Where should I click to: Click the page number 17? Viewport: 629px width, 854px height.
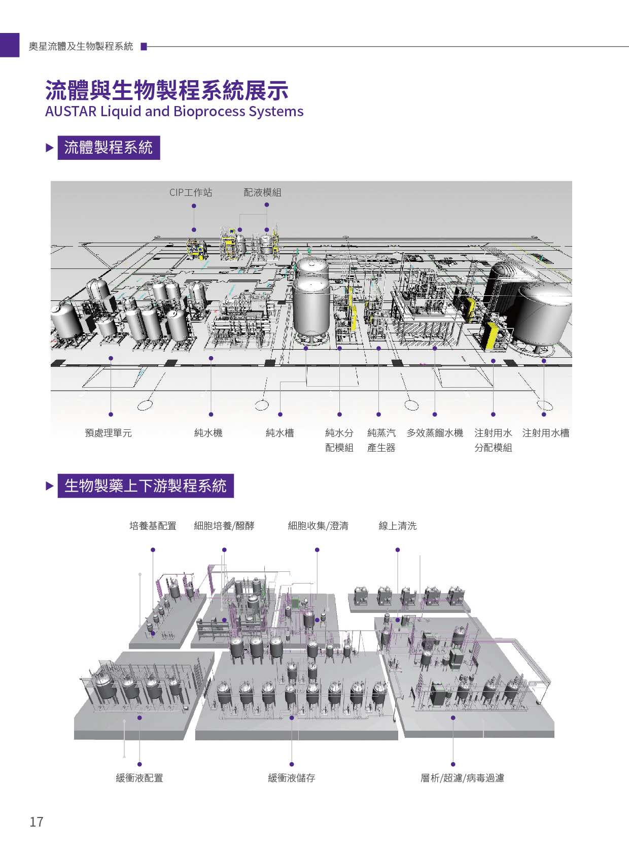coord(37,822)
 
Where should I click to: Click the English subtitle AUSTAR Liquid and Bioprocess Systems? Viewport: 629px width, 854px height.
coord(174,111)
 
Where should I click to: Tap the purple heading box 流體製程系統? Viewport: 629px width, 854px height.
coord(109,148)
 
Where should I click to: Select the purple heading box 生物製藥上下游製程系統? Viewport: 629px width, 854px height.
coord(146,486)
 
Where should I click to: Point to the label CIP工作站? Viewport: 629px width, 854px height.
coord(191,192)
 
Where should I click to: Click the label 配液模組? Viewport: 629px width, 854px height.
coord(262,192)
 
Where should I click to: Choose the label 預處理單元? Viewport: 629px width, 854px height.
coord(108,433)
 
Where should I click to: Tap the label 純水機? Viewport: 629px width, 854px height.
coord(208,433)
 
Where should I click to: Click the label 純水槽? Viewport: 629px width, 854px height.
coord(280,433)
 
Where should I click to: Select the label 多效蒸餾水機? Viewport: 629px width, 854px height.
coord(435,433)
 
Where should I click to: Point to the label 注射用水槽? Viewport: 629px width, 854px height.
coord(546,433)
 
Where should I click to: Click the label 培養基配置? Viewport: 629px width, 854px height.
coord(153,526)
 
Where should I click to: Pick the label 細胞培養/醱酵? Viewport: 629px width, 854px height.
coord(224,526)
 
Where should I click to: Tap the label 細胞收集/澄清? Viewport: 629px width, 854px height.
coord(318,526)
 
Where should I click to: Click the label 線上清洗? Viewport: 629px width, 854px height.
coord(398,526)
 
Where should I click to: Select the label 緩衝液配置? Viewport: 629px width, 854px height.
coord(139,778)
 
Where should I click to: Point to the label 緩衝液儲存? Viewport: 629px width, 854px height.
coord(292,778)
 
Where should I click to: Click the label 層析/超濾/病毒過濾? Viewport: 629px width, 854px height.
coord(462,778)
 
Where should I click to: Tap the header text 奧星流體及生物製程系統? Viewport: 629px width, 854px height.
coord(81,47)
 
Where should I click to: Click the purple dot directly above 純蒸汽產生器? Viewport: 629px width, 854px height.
coord(378,415)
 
